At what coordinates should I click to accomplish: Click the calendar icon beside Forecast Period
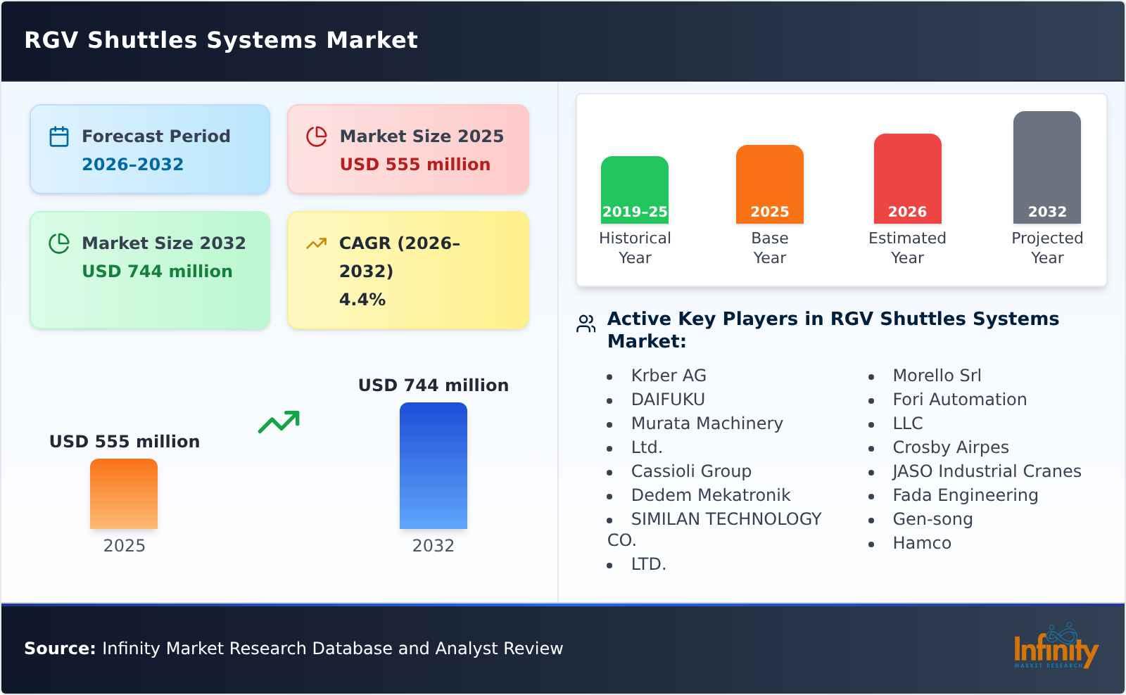[x=59, y=136]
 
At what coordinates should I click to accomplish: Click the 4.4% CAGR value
[x=362, y=300]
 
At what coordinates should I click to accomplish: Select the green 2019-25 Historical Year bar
[x=634, y=189]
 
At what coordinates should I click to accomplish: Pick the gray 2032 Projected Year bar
[x=1046, y=167]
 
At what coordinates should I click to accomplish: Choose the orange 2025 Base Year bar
[x=769, y=184]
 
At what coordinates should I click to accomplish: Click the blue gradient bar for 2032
[x=433, y=466]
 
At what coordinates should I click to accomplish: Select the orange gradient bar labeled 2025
[x=124, y=494]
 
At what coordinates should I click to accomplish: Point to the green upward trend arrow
[x=279, y=422]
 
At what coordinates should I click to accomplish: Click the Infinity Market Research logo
[x=1055, y=648]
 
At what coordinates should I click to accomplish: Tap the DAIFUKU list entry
[x=667, y=400]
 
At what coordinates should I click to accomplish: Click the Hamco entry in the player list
[x=921, y=543]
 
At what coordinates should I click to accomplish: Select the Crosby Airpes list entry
[x=950, y=447]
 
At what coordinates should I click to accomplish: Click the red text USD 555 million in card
[x=415, y=165]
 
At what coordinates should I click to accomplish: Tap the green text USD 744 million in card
[x=157, y=272]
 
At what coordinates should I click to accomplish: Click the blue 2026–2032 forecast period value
[x=132, y=165]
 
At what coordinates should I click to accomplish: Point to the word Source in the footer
[x=59, y=649]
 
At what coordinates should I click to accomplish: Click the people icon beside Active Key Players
[x=586, y=324]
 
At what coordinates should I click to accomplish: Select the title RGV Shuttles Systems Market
[x=221, y=40]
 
